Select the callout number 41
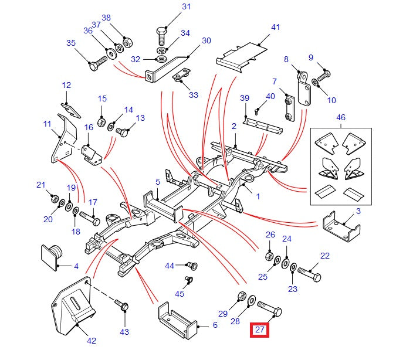(276, 27)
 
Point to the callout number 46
(341, 118)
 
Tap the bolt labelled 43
(124, 305)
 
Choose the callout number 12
(66, 86)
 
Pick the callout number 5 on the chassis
(158, 182)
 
